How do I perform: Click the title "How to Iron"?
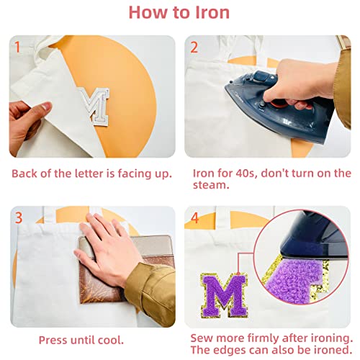179,12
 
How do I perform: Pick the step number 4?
194,218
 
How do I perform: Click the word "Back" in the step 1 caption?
25,174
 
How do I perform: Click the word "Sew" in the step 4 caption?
204,338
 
